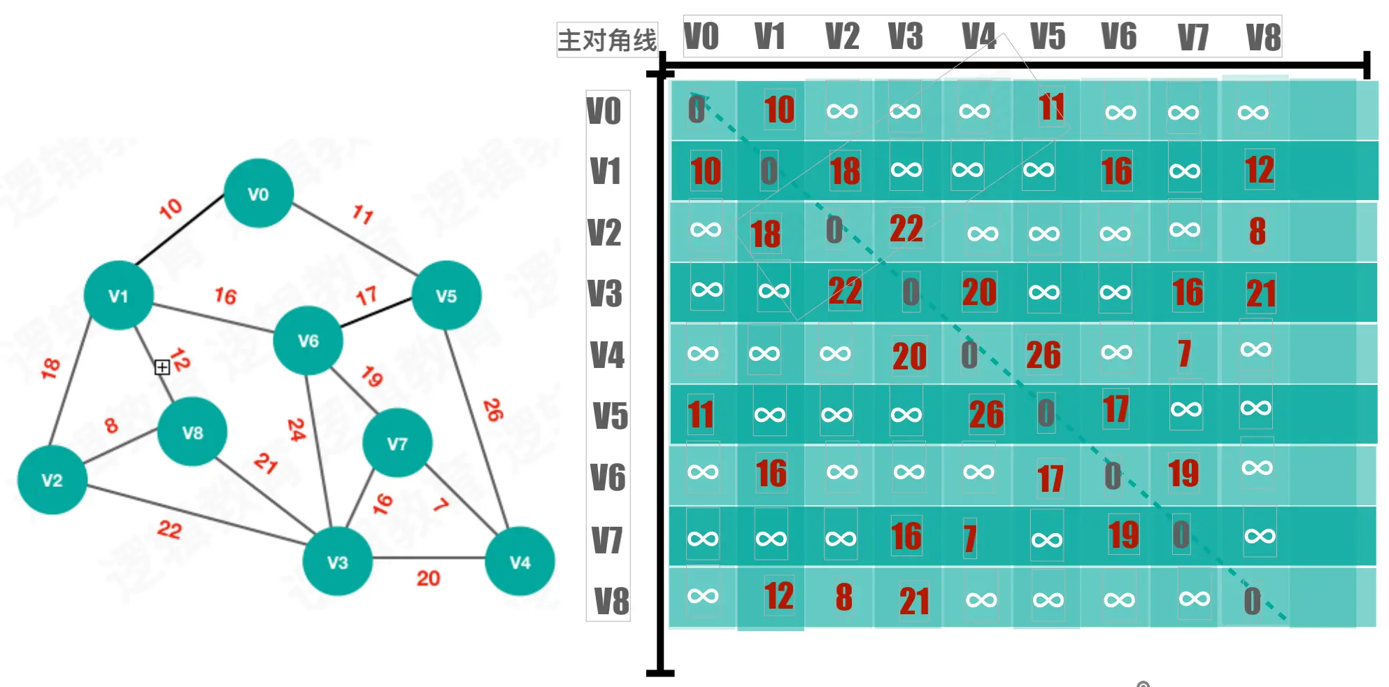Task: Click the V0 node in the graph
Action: [x=258, y=193]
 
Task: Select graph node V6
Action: [x=308, y=340]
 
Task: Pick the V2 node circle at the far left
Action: [x=52, y=480]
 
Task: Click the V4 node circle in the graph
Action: [x=520, y=562]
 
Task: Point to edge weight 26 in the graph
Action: [x=493, y=409]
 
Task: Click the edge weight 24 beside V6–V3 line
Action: [x=297, y=429]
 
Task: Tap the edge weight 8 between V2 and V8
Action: [x=111, y=425]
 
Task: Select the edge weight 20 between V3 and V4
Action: [x=428, y=578]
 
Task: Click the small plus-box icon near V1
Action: [x=162, y=367]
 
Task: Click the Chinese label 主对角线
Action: [x=607, y=40]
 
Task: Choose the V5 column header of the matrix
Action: [x=1047, y=36]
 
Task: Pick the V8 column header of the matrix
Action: [x=1263, y=37]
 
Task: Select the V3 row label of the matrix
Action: [x=605, y=293]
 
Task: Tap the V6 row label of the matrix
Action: [x=608, y=477]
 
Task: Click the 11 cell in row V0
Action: [x=1051, y=108]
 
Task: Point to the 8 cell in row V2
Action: [x=1257, y=231]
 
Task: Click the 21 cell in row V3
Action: [x=1261, y=293]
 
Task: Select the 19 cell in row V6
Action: [x=1183, y=473]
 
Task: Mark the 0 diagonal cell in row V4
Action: [x=969, y=354]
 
